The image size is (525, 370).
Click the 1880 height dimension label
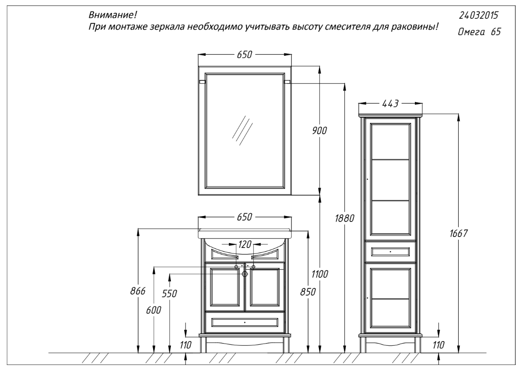coord(345,218)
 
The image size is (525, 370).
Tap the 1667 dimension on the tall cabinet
coord(458,233)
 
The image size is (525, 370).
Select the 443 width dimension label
coord(390,104)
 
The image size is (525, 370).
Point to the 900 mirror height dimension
coord(319,131)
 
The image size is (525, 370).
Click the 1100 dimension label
coord(320,275)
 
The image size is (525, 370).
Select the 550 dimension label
coord(170,294)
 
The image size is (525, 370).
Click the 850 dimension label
coord(308,292)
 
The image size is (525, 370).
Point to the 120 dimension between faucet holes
coord(245,245)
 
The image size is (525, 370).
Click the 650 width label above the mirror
coord(244,54)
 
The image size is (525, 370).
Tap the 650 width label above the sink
coord(244,217)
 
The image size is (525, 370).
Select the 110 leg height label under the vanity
coord(185,345)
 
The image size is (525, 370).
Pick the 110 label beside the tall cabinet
coord(438,345)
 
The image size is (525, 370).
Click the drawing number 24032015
coord(478,16)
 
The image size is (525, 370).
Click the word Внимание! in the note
coord(113,16)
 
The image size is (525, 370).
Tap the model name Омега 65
coord(479,32)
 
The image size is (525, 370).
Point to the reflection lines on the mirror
coord(242,131)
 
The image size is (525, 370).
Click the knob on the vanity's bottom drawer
coord(245,322)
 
